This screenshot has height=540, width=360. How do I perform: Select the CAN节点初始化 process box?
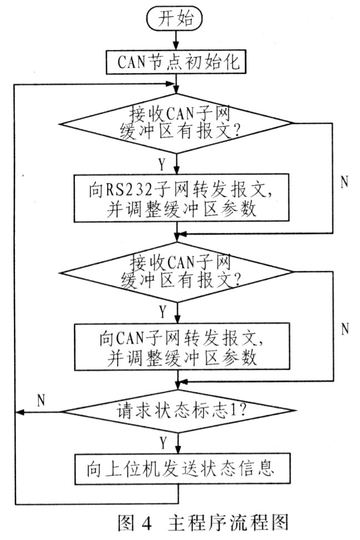(176, 62)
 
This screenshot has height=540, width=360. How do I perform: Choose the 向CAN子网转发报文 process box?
(176, 347)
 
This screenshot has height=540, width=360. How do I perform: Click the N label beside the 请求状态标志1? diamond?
(41, 401)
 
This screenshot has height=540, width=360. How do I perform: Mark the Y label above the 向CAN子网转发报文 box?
(162, 312)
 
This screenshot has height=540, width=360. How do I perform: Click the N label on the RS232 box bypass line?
(344, 182)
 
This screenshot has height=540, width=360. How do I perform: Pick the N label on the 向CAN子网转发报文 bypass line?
(344, 329)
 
